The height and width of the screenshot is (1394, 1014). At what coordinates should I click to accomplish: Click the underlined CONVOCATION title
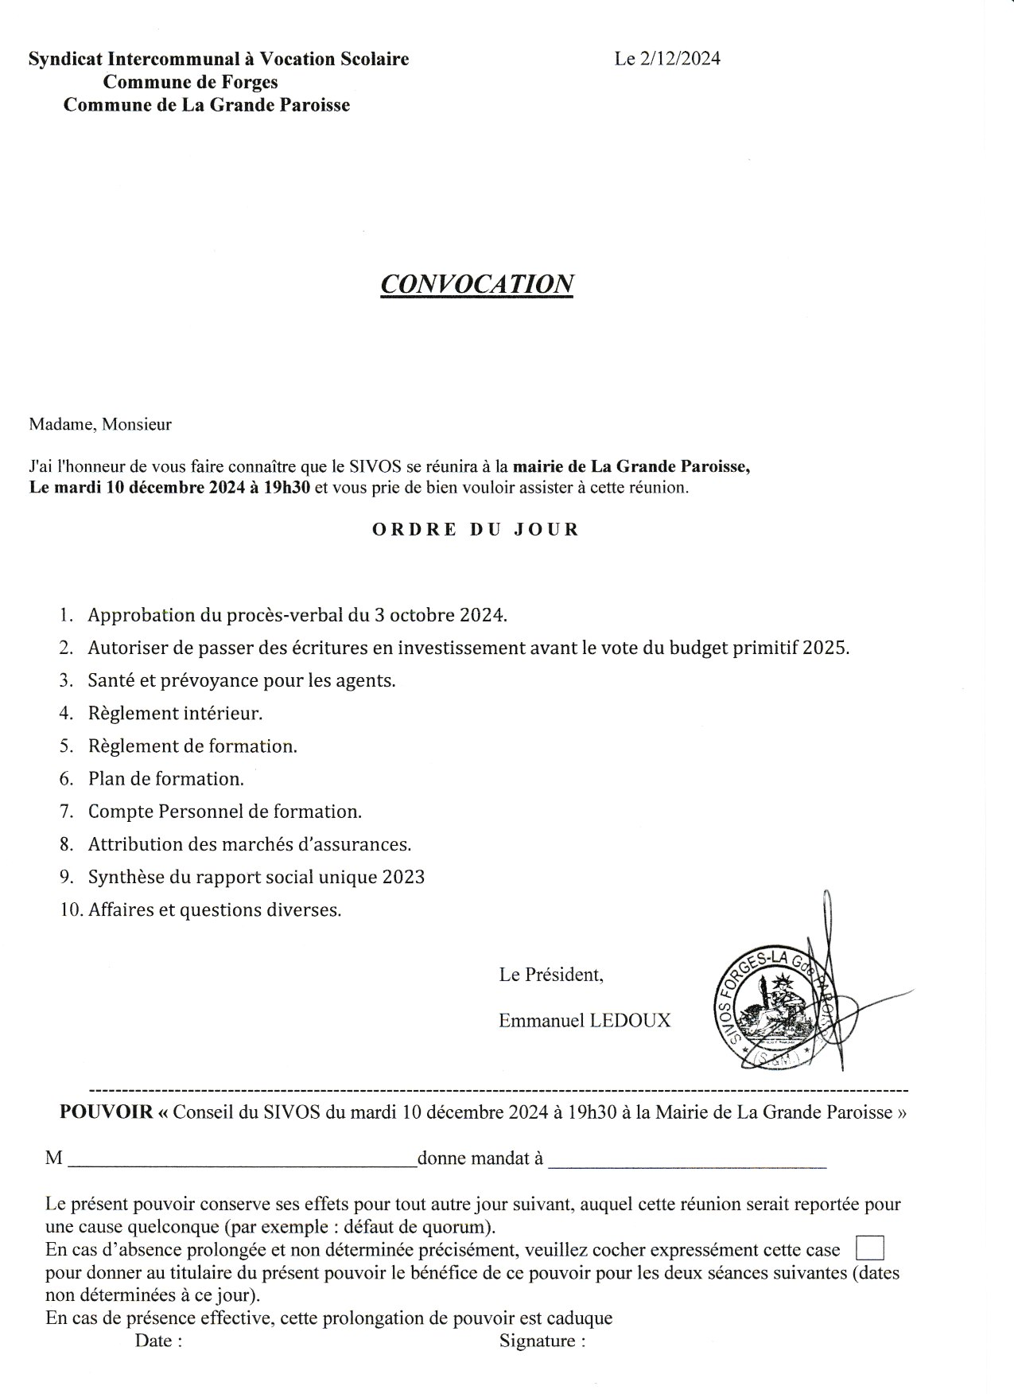(477, 284)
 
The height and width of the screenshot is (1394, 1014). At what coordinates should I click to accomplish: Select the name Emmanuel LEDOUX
(585, 1020)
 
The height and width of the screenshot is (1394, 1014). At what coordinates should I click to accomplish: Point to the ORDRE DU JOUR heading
(476, 529)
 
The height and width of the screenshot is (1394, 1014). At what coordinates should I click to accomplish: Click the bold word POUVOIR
(106, 1112)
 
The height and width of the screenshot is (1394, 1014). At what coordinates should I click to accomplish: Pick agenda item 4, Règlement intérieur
(175, 714)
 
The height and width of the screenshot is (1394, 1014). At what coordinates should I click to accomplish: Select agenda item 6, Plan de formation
(165, 779)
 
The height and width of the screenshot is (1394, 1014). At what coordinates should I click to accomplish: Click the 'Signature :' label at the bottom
(542, 1341)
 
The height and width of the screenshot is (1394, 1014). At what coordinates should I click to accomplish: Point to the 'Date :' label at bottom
(158, 1341)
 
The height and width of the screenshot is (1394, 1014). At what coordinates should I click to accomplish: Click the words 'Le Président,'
(551, 974)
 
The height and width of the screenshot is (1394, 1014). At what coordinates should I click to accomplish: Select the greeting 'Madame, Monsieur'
(100, 424)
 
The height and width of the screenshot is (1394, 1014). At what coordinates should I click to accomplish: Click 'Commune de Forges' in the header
(191, 82)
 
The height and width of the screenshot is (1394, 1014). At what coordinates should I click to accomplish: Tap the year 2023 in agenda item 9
(403, 877)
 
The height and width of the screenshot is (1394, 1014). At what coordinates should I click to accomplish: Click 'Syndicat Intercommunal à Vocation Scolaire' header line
(219, 59)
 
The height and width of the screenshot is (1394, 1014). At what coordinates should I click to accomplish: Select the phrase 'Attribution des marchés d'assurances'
(249, 844)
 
